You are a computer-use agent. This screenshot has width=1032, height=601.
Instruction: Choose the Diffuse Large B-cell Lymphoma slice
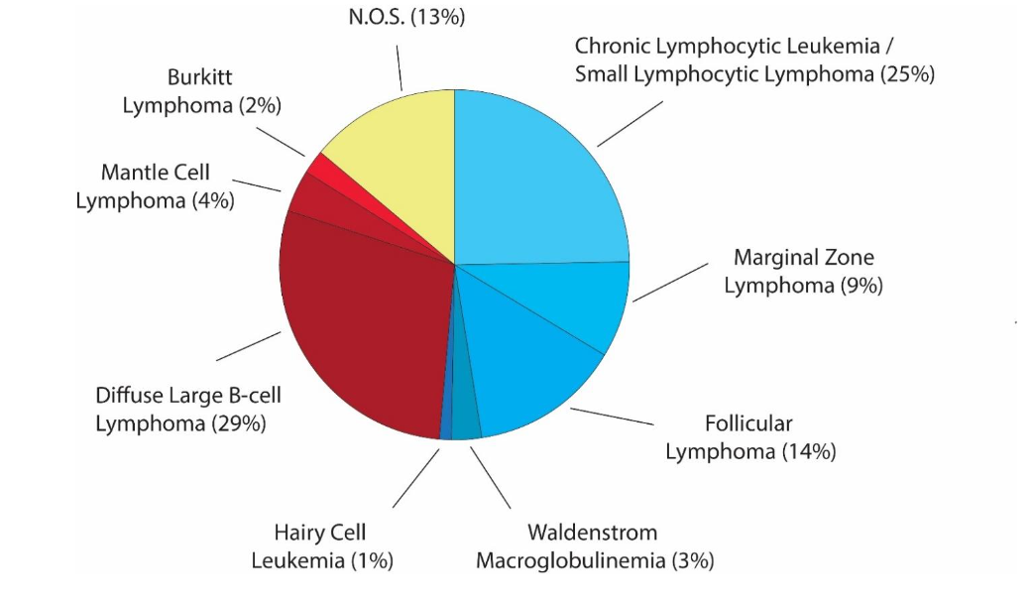(357, 327)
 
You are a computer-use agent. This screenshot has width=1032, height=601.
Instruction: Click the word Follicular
(748, 423)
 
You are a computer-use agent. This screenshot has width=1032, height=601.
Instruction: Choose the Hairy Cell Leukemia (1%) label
(322, 546)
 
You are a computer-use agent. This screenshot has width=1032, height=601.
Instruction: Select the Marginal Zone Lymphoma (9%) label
(803, 272)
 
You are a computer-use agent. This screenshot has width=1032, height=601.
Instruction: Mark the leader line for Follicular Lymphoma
(612, 417)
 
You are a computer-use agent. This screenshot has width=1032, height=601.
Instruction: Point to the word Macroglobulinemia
(571, 560)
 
